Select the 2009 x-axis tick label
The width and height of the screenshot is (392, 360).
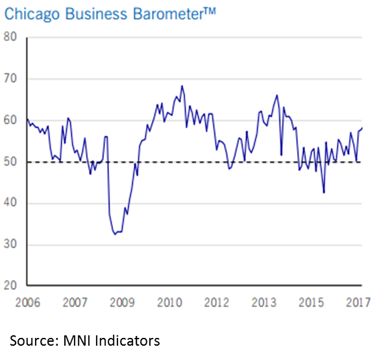pos(122,303)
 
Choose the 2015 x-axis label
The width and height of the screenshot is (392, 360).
pos(311,303)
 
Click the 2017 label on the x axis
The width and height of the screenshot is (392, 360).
pos(358,303)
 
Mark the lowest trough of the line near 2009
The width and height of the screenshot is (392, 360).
pos(115,234)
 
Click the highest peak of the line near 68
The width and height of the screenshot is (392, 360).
pos(182,86)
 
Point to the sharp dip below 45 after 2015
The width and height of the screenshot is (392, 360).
pos(324,192)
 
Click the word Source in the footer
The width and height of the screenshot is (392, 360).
pos(31,341)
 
